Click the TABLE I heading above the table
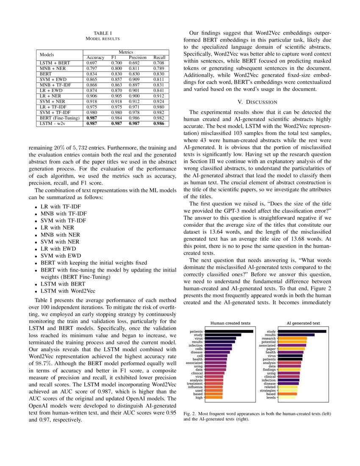tap(102, 33)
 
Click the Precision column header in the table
tap(137, 57)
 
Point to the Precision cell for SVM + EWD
tap(134, 79)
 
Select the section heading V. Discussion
tap(258, 102)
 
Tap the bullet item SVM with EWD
tap(60, 255)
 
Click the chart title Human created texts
tap(230, 322)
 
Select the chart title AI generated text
tap(303, 322)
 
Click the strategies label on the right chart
tap(268, 390)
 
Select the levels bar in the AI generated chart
tap(287, 397)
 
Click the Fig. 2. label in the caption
tap(191, 413)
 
